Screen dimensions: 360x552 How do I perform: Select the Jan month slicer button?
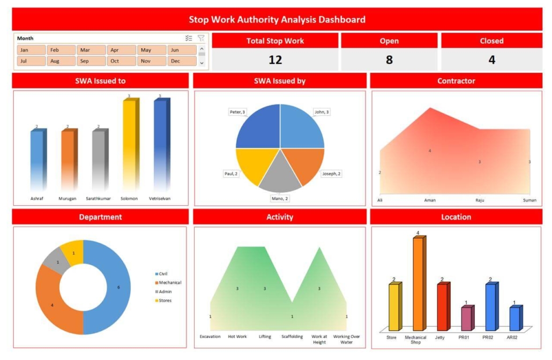[x=31, y=50]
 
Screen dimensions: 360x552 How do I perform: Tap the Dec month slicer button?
[x=182, y=61]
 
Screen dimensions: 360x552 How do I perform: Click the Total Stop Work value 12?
[x=275, y=59]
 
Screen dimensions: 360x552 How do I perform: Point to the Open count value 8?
[x=389, y=59]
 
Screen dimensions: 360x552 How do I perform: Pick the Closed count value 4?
[x=491, y=59]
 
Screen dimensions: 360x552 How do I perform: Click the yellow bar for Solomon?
[x=129, y=145]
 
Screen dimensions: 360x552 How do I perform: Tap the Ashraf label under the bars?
[x=38, y=198]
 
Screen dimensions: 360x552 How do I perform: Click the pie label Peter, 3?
[x=237, y=112]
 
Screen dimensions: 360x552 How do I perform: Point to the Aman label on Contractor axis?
[x=430, y=200]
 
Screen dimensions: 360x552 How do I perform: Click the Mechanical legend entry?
[x=170, y=282]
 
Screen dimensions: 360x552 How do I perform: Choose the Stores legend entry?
[x=165, y=301]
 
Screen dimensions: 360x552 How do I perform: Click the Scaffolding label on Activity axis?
[x=292, y=336]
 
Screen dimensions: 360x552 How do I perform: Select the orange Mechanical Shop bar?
[x=417, y=284]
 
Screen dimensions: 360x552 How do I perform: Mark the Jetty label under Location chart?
[x=440, y=337]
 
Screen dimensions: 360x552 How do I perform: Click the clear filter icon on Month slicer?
[x=201, y=38]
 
